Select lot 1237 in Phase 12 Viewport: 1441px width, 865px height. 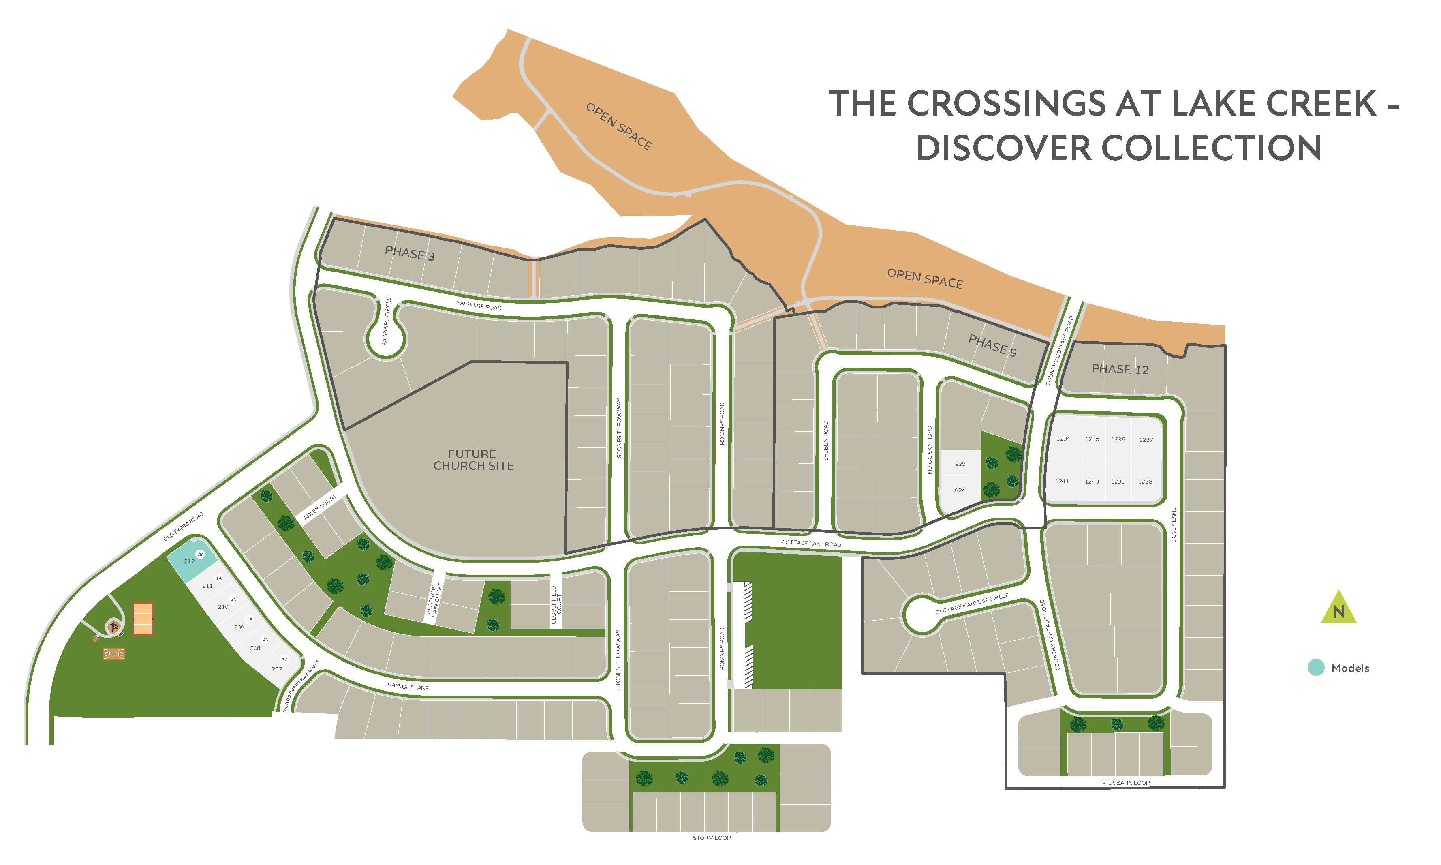(1146, 439)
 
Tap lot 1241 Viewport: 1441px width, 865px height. (1062, 481)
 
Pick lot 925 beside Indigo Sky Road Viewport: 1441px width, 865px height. (960, 463)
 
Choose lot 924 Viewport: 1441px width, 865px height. (959, 490)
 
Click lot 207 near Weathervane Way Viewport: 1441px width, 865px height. (277, 668)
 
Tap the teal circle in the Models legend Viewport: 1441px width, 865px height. (1316, 668)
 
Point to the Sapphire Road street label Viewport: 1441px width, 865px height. (479, 305)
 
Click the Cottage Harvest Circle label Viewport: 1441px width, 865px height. (971, 604)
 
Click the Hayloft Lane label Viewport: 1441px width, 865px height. (408, 686)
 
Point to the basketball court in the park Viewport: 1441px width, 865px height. (113, 654)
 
